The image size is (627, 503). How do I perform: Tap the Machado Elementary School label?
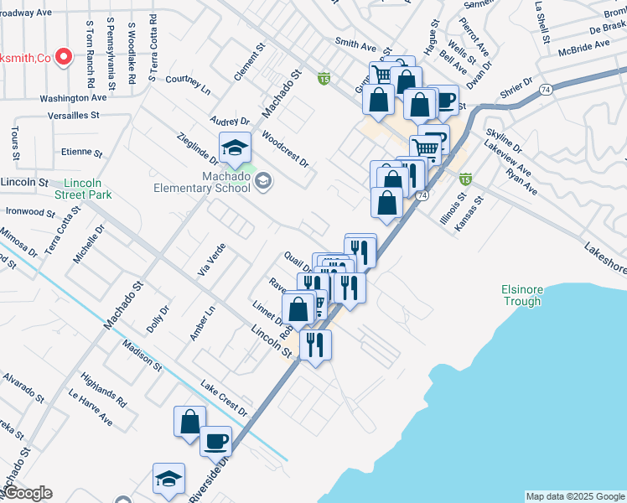coord(202,182)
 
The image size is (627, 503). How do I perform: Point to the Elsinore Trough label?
coord(521,296)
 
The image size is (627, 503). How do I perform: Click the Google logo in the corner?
coord(27,494)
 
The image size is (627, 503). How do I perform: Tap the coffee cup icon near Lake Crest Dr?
coord(215,440)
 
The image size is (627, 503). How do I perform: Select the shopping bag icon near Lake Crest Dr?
coord(190,420)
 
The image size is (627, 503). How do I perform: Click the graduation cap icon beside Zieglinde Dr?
coord(236,148)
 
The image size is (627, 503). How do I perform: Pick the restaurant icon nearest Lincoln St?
coord(315,345)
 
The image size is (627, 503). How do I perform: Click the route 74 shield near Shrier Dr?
coord(545,89)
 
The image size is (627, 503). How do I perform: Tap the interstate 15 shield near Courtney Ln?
coord(324,79)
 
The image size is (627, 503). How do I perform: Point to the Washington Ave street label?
coord(73,98)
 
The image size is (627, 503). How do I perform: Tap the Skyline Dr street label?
coord(504,141)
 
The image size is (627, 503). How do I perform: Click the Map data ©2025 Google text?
coord(575,496)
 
